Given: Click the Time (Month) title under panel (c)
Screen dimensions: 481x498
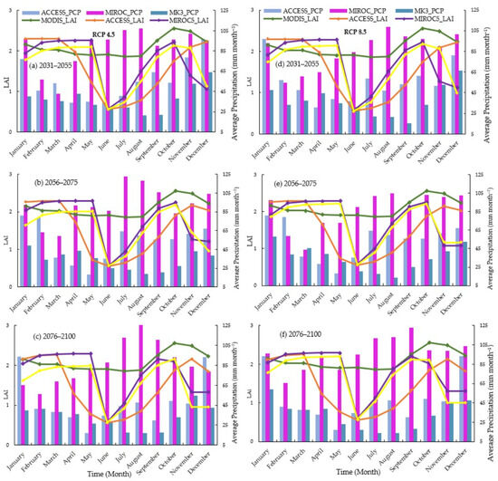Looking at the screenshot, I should click(x=122, y=474).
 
